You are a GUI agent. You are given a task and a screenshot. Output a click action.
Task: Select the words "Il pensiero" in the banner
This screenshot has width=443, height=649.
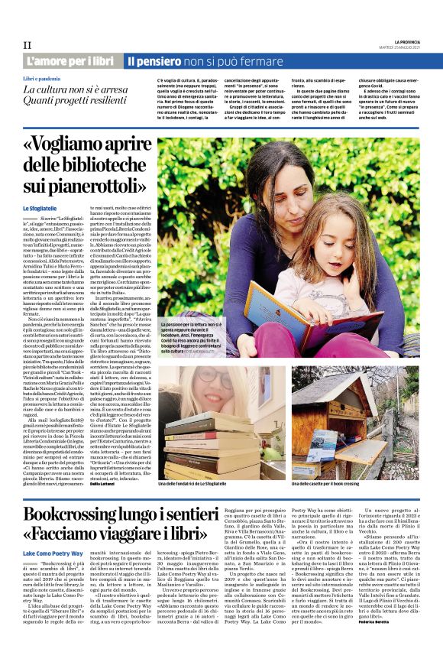tap(154, 60)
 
